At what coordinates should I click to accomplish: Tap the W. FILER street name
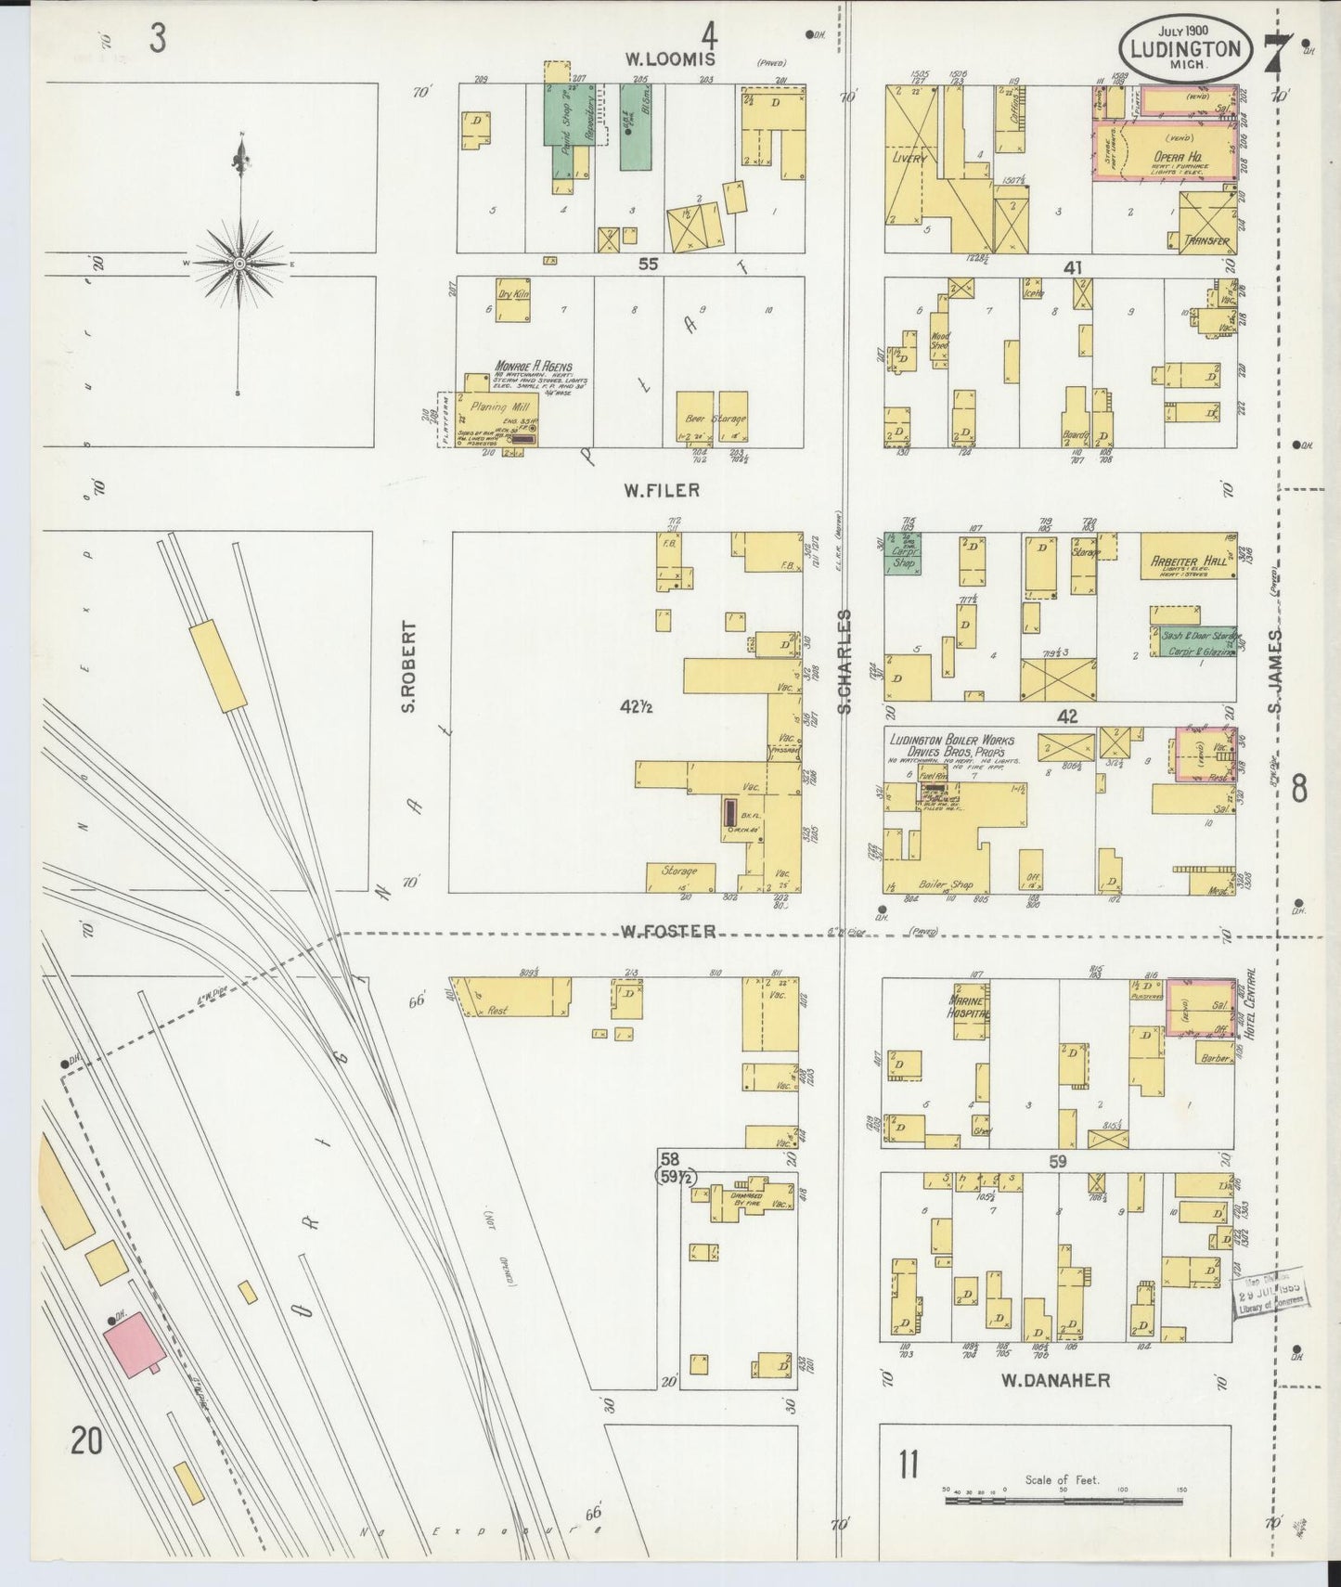pos(661,490)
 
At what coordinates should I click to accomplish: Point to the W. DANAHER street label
pos(1054,1380)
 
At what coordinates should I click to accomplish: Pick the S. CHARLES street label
pos(845,661)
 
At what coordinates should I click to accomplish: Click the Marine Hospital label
pos(969,1007)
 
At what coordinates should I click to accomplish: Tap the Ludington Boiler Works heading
pos(950,741)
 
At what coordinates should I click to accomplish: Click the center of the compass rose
pos(240,264)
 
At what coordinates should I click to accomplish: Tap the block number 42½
pos(638,707)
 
